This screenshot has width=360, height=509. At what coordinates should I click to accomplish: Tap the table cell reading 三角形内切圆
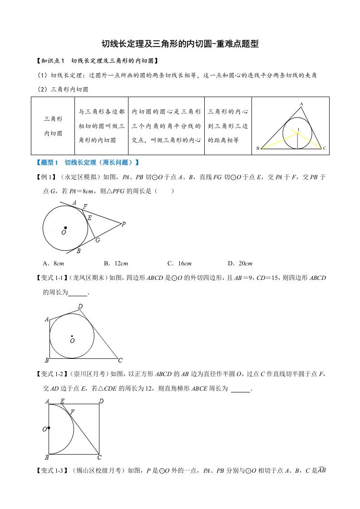click(x=53, y=126)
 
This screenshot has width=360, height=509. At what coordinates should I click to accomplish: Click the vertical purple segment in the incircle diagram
click(x=297, y=141)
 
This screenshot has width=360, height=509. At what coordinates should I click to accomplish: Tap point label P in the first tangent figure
click(x=123, y=224)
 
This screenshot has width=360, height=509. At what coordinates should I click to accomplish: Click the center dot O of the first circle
click(x=65, y=228)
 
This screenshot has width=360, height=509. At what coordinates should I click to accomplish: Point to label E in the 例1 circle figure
click(x=89, y=218)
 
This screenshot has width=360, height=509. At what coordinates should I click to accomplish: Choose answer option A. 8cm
click(x=53, y=263)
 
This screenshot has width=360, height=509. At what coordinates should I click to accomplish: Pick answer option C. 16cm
click(x=179, y=263)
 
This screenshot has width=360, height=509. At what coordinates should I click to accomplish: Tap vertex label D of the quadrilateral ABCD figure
click(x=80, y=307)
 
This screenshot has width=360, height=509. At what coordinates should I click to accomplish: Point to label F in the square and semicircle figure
click(x=72, y=411)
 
